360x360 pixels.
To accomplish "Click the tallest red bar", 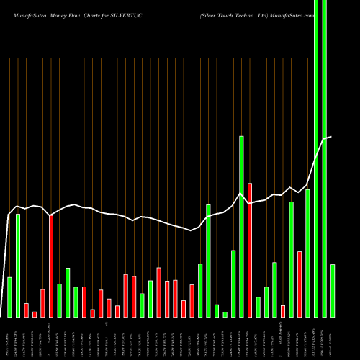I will pyautogui.click(x=250, y=250).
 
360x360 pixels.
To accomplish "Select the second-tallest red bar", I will pyautogui.click(x=51, y=266).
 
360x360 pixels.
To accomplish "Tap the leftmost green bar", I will pyautogui.click(x=9, y=297).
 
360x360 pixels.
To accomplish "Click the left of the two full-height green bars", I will pyautogui.click(x=316, y=158).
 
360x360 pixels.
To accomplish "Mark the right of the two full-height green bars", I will pyautogui.click(x=325, y=158).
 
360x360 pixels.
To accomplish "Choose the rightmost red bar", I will pyautogui.click(x=300, y=284).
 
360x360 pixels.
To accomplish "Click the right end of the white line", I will pyautogui.click(x=331, y=137).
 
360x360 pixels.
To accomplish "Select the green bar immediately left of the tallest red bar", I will pyautogui.click(x=242, y=226).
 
